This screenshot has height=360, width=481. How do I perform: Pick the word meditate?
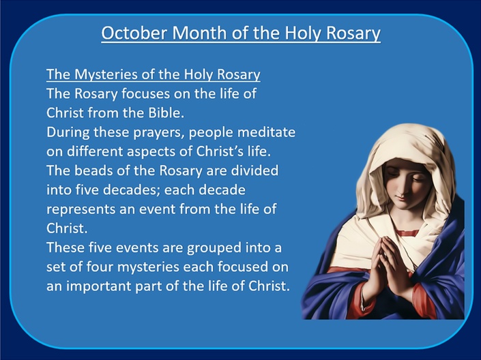click(266, 132)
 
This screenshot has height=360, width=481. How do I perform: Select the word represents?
click(91, 209)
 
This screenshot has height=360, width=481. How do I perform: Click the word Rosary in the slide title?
click(353, 33)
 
